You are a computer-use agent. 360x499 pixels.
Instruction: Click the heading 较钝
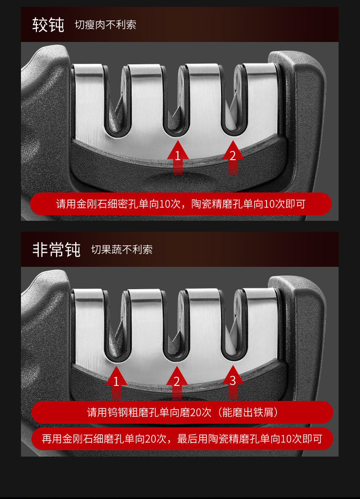[48, 25]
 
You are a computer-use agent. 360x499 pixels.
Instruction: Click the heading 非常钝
[56, 249]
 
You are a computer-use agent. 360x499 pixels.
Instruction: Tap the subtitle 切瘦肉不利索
[105, 25]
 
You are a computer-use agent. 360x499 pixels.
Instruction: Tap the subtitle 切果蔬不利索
[122, 249]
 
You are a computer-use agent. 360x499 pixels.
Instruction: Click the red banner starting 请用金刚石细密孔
[180, 204]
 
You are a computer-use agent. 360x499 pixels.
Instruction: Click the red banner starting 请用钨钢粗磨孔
[182, 413]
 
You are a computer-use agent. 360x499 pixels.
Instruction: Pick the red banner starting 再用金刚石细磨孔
[182, 439]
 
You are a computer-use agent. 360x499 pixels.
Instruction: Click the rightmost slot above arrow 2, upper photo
[233, 105]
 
